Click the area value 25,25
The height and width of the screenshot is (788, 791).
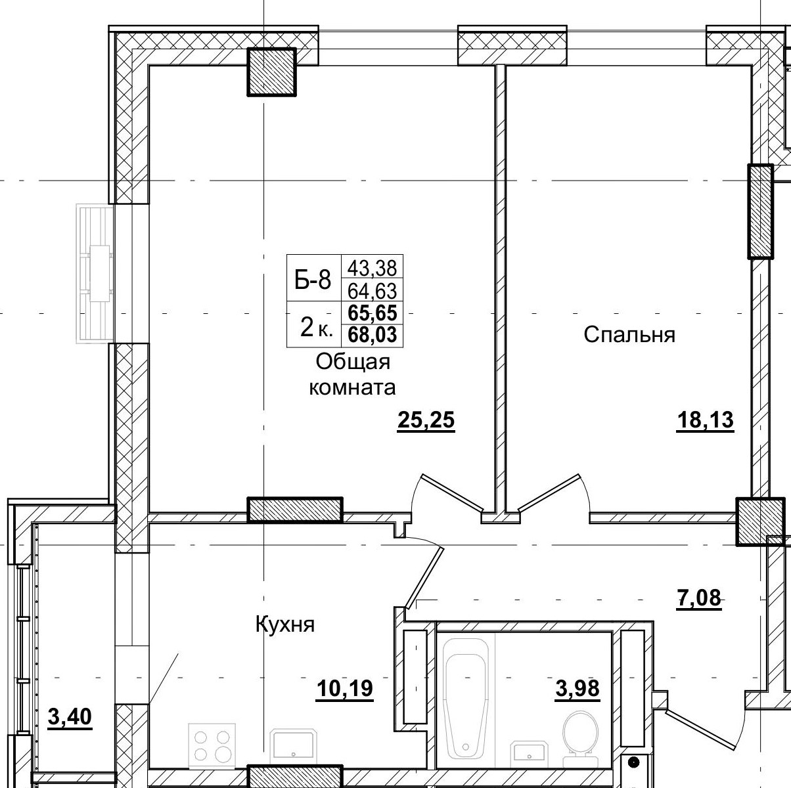426,421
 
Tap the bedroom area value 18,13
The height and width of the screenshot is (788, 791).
705,421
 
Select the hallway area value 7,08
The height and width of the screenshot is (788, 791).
699,598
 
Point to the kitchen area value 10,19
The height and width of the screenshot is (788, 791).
345,688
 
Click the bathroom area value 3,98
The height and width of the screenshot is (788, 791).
577,688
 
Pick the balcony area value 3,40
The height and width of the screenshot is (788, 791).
70,717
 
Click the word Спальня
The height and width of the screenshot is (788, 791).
629,335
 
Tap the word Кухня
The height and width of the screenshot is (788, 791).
285,624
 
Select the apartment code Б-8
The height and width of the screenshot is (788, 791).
313,281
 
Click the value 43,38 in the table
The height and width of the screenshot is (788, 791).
373,269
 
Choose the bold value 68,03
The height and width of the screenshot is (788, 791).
373,334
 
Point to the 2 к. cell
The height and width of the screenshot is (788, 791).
316,328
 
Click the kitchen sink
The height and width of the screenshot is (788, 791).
294,750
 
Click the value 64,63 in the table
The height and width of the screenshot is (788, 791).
373,292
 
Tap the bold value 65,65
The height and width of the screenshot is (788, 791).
373,313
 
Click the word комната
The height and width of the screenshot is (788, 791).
352,387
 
